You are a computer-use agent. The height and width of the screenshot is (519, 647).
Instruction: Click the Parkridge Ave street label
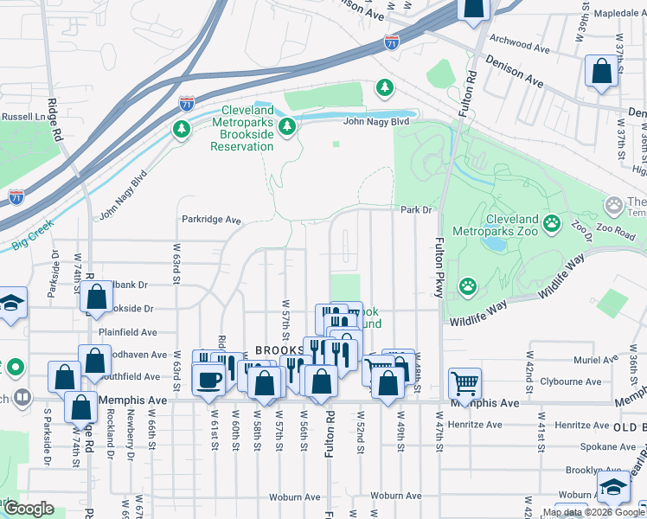point(211,220)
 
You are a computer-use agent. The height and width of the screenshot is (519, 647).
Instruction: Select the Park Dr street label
point(415,209)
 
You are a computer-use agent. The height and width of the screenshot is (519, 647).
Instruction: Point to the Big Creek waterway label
point(34,235)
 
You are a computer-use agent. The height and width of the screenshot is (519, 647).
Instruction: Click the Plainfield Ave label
point(127,331)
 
